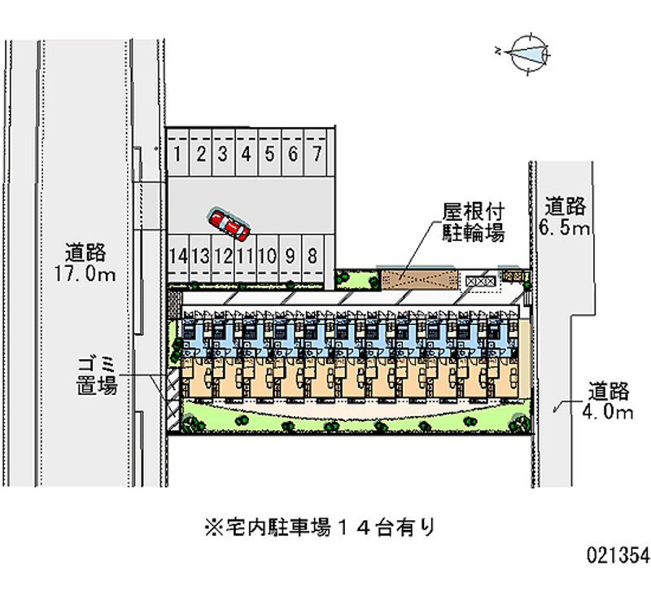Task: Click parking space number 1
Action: pyautogui.click(x=177, y=152)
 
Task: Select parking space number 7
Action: pyautogui.click(x=317, y=152)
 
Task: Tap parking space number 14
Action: pyautogui.click(x=177, y=256)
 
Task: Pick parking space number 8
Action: pyautogui.click(x=312, y=256)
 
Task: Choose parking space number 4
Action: pyautogui.click(x=246, y=152)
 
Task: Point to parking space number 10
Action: pyautogui.click(x=265, y=256)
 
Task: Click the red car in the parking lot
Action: pyautogui.click(x=229, y=222)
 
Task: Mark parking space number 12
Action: pyautogui.click(x=223, y=256)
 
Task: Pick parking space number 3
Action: pyautogui.click(x=222, y=152)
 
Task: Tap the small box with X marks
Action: pyautogui.click(x=479, y=280)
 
